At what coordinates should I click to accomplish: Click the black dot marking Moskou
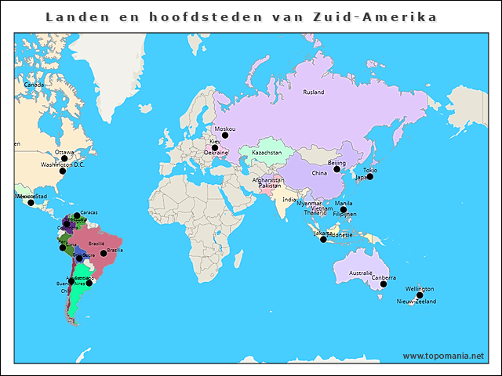225,136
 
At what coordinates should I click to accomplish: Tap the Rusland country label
313,92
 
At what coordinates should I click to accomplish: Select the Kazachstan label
266,152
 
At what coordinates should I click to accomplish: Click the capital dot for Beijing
337,169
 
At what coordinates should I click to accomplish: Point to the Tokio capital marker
370,176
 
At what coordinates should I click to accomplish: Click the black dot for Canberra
384,284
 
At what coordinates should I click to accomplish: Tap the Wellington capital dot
420,295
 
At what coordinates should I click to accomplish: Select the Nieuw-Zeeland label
416,302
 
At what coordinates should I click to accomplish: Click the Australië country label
361,273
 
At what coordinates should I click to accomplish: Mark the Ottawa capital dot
64,158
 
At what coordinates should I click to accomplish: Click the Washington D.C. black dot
64,172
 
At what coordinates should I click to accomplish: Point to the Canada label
34,85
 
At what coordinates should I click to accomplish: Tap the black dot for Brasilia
104,253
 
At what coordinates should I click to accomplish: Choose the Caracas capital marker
76,215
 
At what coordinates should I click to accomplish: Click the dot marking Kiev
214,147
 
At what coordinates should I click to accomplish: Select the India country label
289,199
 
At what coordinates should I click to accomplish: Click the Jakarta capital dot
323,239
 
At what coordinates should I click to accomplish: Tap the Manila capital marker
343,209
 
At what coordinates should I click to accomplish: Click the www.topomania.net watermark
443,356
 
